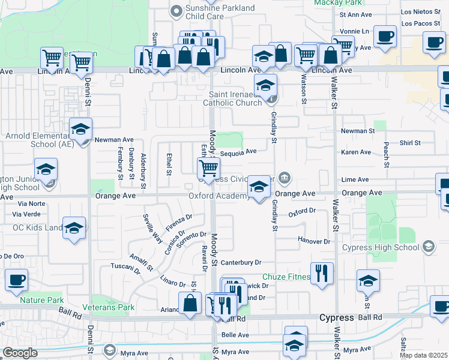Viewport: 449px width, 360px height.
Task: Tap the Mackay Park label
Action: (334, 2)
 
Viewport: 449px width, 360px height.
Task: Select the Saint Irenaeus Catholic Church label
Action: (235, 98)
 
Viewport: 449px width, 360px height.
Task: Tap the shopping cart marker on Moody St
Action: (208, 168)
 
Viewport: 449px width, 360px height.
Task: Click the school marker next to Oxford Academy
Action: (259, 188)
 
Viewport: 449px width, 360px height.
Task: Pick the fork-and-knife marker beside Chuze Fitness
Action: (322, 274)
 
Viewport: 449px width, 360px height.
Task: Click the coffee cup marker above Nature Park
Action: (16, 280)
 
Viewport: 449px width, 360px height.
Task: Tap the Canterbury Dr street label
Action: (242, 262)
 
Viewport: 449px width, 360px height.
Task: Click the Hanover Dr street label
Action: (314, 241)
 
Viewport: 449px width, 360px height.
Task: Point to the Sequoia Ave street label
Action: (238, 152)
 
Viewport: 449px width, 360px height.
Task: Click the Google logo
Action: (19, 353)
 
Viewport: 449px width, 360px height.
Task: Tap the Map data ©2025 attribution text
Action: (423, 355)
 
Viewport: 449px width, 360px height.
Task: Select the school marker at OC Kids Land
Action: (74, 229)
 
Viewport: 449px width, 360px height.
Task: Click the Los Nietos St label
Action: (416, 11)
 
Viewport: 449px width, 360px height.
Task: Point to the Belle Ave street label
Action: (235, 335)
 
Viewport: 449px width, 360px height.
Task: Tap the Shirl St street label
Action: (410, 143)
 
